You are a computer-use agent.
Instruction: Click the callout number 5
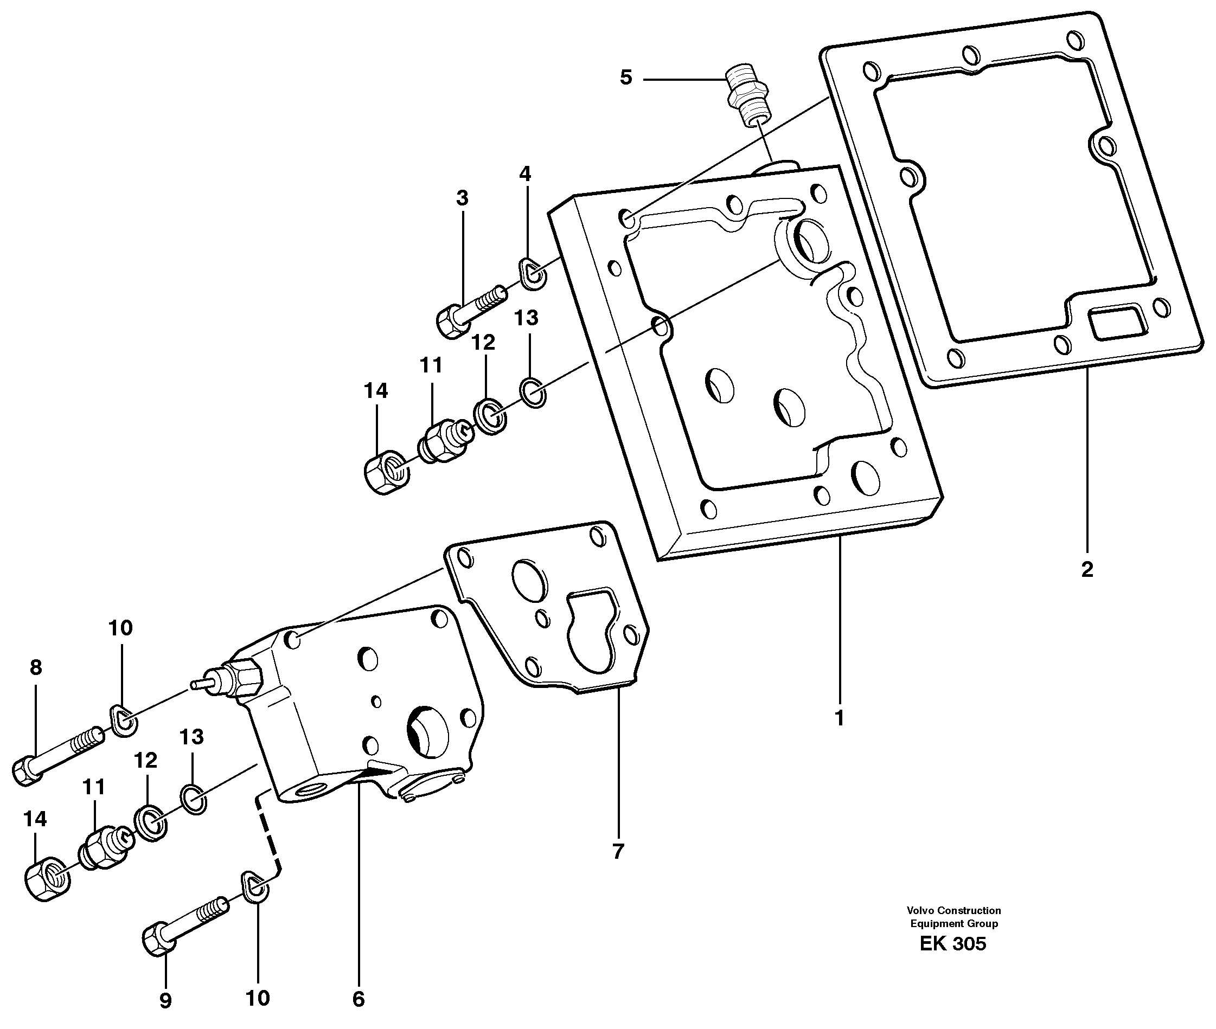pos(625,78)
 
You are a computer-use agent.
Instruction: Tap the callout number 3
pos(462,199)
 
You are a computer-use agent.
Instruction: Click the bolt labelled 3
pos(470,310)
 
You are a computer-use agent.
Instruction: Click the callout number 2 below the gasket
pos(1086,569)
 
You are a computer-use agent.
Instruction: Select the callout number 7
pos(618,852)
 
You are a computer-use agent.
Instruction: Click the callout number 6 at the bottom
pos(359,999)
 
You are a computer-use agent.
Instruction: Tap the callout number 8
pos(36,667)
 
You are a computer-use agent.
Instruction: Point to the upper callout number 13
pos(526,318)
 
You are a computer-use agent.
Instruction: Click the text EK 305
pos(953,944)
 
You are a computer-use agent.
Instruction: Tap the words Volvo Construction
pos(953,911)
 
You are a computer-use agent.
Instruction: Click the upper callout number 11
pos(431,366)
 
